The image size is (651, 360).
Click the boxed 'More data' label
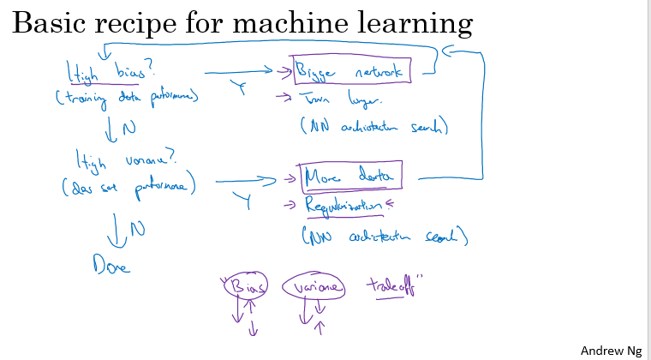coord(350,177)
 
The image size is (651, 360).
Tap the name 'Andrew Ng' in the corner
coord(611,351)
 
